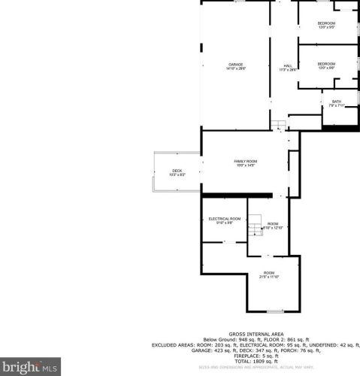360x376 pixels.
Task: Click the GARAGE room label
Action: click(x=237, y=65)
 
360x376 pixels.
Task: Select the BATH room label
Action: click(x=337, y=102)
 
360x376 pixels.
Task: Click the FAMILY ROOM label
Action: click(x=246, y=161)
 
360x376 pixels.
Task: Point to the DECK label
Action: click(x=177, y=170)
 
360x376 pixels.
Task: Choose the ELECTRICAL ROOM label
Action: click(x=225, y=218)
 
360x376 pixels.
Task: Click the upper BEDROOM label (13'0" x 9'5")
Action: click(x=326, y=23)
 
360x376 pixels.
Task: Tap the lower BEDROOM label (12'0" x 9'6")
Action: click(x=326, y=64)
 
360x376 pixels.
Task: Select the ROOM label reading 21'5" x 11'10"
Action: click(x=268, y=272)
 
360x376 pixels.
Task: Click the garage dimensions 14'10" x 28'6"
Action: click(x=237, y=69)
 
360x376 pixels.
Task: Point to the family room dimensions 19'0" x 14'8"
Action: click(x=246, y=165)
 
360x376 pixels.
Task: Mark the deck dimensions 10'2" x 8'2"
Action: click(x=177, y=174)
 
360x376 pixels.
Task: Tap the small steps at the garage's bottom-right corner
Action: click(x=278, y=124)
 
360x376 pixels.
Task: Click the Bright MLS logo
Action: click(x=30, y=367)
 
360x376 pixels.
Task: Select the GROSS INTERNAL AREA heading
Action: click(x=256, y=333)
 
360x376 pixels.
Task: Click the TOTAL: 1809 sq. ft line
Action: click(x=256, y=361)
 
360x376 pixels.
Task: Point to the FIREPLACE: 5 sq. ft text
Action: click(x=256, y=356)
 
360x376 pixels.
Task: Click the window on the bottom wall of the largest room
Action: click(x=274, y=310)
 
